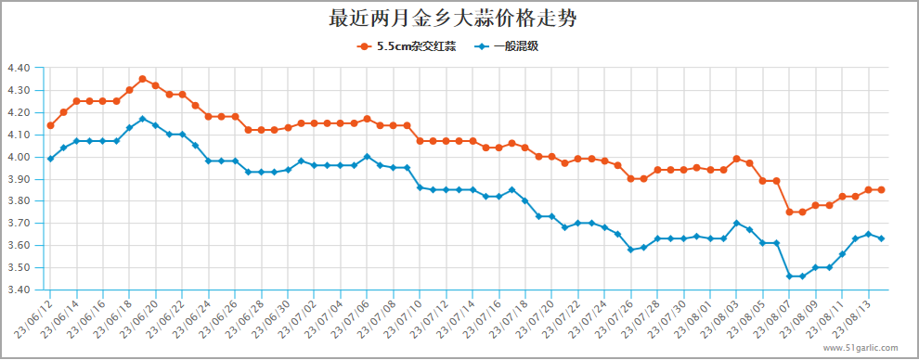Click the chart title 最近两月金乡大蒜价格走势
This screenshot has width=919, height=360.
point(459,19)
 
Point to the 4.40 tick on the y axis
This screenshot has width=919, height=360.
point(19,68)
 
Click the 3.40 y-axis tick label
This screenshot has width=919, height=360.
point(19,289)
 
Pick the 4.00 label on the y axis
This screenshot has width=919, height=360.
point(19,157)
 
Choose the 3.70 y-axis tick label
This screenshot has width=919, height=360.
point(19,224)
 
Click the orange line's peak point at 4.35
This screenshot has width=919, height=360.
point(142,79)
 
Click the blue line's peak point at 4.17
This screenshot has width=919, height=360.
point(142,119)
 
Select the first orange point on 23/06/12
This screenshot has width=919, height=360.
point(50,125)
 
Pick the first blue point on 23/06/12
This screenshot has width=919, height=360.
point(50,159)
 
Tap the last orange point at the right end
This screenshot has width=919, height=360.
point(881,189)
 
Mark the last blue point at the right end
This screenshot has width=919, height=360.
point(881,238)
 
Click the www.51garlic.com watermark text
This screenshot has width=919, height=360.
point(860,348)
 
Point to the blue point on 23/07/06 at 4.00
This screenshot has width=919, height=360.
point(368,156)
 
